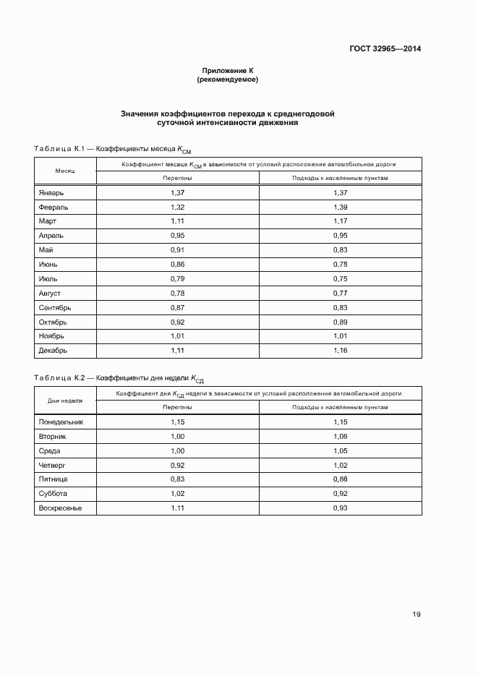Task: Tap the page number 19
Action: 416,615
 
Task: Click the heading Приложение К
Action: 228,71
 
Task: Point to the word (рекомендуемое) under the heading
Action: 228,80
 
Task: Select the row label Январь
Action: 51,193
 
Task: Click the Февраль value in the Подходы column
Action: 340,207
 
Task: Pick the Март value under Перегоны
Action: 178,221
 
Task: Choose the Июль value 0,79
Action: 178,278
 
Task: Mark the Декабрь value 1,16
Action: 340,350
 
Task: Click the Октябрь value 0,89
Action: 340,321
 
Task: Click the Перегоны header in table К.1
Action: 178,178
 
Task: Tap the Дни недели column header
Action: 65,400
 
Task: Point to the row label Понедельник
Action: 60,422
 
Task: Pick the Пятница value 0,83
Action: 178,479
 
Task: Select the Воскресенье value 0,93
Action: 340,508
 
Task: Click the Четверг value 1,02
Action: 340,465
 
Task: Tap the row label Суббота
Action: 53,493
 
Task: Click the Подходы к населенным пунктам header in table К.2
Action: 340,407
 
